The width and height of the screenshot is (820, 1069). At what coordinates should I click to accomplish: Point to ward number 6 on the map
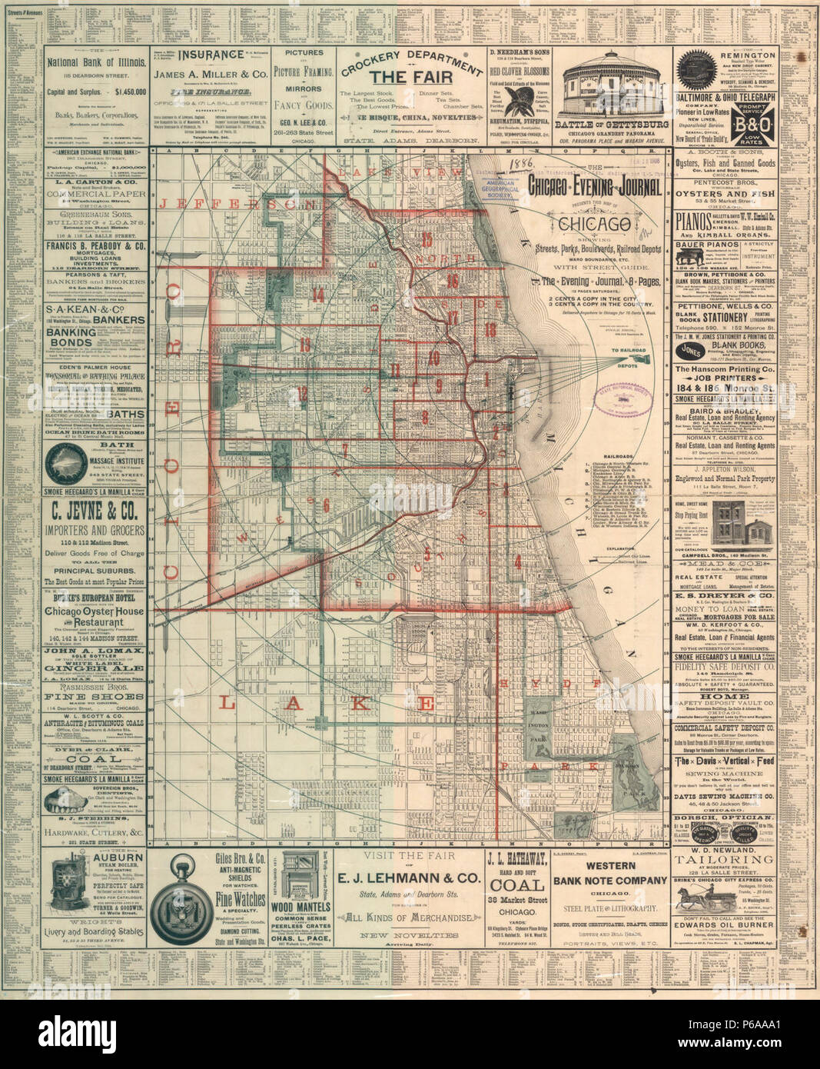click(326, 505)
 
